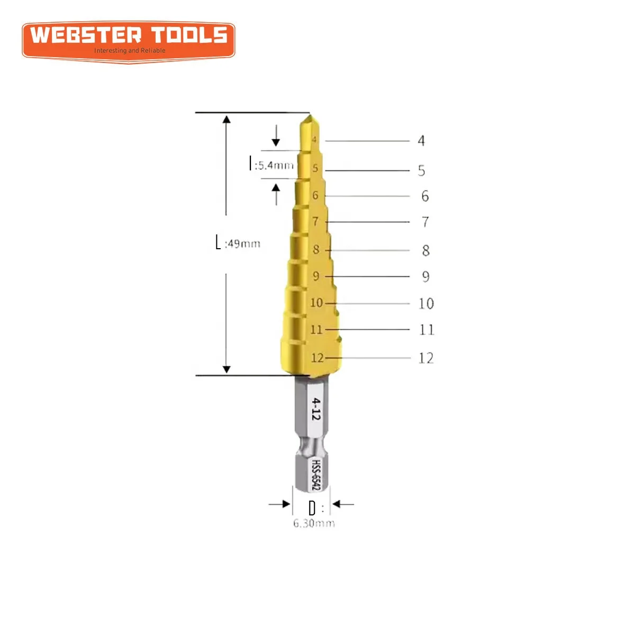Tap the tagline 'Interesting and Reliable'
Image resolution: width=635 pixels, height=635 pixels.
130,51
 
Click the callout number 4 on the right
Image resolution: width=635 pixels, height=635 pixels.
421,141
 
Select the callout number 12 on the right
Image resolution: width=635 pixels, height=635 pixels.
426,358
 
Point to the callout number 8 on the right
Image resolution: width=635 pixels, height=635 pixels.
425,251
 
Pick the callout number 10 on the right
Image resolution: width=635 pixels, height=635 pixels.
426,304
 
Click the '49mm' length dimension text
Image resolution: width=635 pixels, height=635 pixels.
243,244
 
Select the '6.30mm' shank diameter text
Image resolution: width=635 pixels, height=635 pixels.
314,523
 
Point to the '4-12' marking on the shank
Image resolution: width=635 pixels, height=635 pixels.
315,409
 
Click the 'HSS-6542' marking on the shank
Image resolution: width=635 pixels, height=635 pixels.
315,474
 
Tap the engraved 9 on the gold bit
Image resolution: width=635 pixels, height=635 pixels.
316,276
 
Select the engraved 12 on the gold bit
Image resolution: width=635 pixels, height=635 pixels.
317,358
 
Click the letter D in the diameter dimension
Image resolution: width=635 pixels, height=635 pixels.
312,509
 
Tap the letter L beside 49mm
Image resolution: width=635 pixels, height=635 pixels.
218,243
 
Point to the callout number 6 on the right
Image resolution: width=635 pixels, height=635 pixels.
425,196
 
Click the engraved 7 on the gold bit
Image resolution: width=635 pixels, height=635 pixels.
315,221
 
